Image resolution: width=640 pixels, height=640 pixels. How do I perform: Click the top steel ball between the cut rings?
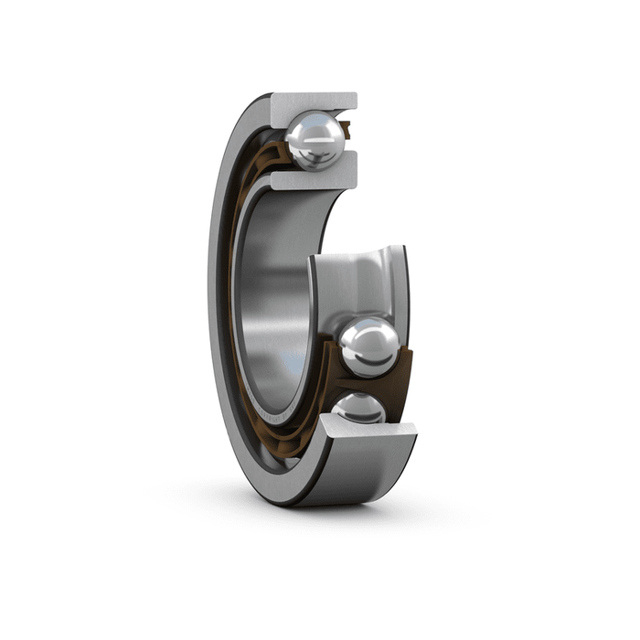tap(315, 140)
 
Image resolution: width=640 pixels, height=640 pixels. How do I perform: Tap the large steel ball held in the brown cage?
tap(368, 347)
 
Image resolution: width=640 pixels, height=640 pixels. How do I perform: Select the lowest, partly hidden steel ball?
tap(359, 408)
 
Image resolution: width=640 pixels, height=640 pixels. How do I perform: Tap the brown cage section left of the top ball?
tap(274, 155)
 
